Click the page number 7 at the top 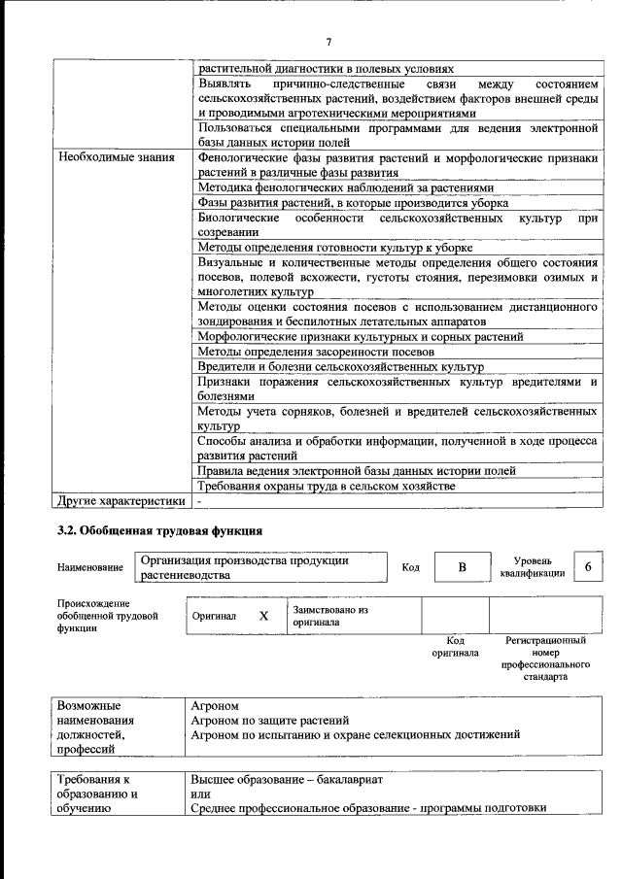click(x=328, y=41)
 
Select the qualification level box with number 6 click(x=587, y=566)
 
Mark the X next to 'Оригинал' click(x=263, y=616)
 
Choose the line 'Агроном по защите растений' click(x=270, y=720)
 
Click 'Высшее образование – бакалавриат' click(x=288, y=780)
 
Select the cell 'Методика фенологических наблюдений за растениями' click(x=345, y=187)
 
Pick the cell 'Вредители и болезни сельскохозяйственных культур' click(x=340, y=367)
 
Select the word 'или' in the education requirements click(x=199, y=794)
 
